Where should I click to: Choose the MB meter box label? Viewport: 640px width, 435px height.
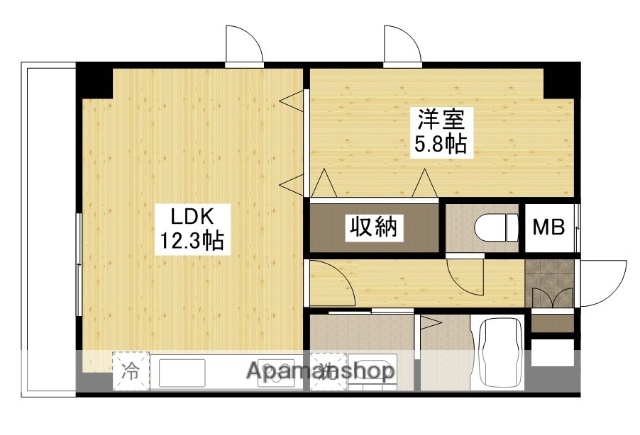click(547, 228)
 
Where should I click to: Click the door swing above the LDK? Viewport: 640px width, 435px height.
click(244, 46)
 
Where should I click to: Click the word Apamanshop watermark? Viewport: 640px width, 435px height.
click(321, 372)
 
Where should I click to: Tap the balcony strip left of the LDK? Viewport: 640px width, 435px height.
click(48, 230)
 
